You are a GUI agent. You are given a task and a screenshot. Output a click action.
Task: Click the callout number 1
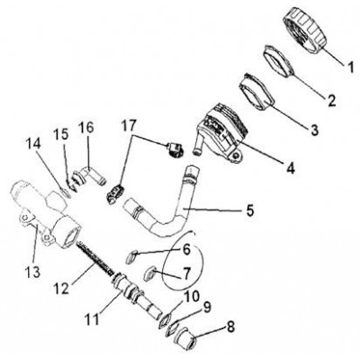click(x=350, y=67)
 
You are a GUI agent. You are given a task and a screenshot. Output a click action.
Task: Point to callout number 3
click(x=313, y=130)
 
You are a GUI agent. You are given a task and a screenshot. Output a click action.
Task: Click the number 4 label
click(x=290, y=167)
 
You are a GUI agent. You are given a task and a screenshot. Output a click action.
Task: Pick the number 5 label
click(x=249, y=210)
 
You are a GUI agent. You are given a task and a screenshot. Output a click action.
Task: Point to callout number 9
click(x=206, y=307)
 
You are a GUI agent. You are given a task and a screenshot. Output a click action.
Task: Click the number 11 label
click(x=91, y=319)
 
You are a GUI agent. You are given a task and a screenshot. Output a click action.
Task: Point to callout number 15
click(x=61, y=135)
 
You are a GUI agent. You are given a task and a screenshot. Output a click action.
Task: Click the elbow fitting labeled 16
click(x=89, y=176)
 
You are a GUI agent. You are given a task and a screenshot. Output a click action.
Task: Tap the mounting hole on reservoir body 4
click(x=237, y=156)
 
